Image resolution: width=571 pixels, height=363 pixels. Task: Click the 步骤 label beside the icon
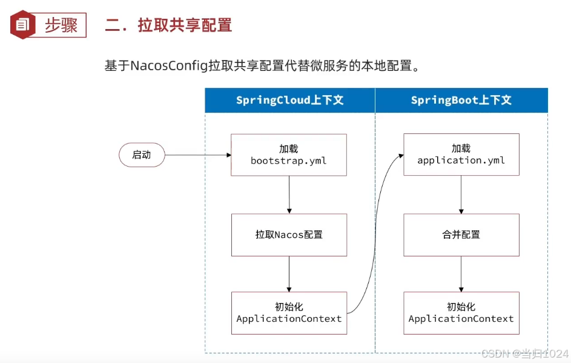click(x=61, y=25)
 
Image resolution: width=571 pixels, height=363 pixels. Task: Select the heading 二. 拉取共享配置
click(x=168, y=25)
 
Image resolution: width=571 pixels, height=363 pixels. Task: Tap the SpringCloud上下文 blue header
click(x=289, y=100)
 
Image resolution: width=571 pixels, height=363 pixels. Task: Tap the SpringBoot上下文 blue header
click(x=461, y=100)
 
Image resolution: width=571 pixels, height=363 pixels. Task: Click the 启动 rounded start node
click(x=142, y=155)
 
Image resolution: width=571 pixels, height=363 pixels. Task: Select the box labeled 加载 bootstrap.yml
click(x=289, y=155)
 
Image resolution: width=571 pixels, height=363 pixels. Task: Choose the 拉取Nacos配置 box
click(x=289, y=235)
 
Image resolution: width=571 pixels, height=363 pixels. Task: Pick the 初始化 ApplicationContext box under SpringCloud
click(x=289, y=313)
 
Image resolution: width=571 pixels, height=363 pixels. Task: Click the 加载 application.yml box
click(x=461, y=155)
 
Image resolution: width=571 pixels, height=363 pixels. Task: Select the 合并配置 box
click(x=461, y=235)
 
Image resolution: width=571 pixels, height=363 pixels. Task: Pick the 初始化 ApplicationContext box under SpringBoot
click(x=461, y=313)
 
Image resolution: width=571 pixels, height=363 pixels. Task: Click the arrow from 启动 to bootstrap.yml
click(x=197, y=155)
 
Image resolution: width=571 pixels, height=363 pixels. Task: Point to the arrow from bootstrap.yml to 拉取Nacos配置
click(x=289, y=195)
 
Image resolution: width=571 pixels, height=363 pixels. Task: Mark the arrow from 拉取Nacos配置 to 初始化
click(x=289, y=274)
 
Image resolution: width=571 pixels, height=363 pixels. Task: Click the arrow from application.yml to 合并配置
click(x=461, y=195)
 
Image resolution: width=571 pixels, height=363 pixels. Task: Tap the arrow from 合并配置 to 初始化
click(x=461, y=274)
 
